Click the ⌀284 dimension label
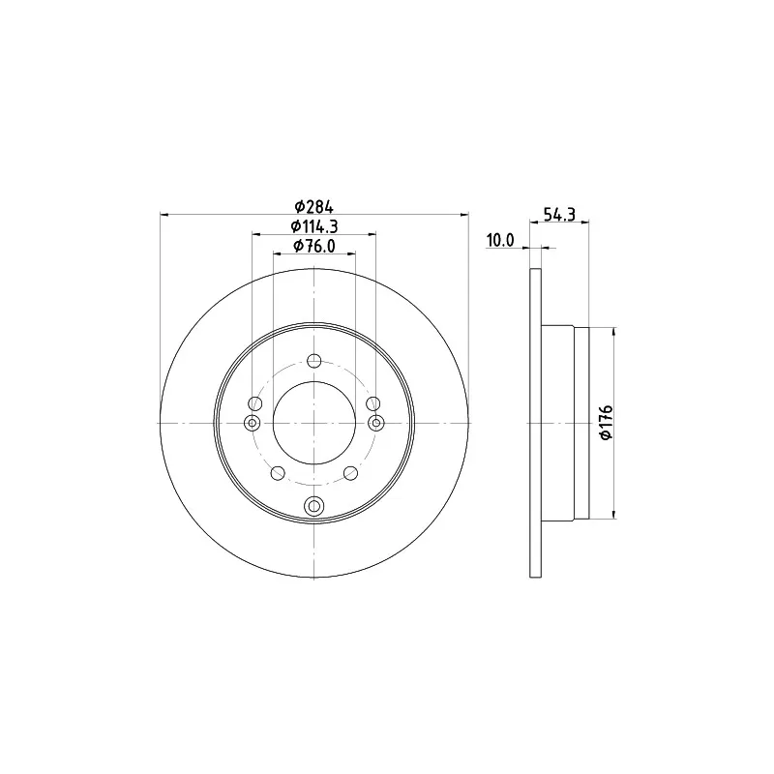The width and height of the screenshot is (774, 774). tap(313, 206)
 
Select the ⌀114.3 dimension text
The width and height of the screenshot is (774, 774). tap(313, 226)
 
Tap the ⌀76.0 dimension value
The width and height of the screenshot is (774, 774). tap(313, 246)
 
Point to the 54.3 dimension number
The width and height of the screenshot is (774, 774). tap(559, 214)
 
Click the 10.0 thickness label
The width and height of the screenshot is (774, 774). tap(500, 240)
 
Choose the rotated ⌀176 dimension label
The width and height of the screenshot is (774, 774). tap(606, 423)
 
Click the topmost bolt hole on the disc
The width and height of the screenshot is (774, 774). tap(313, 361)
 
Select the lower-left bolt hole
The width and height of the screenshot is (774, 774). tap(279, 473)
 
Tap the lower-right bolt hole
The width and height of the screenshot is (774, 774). tap(350, 473)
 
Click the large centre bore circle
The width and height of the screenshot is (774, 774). tap(313, 381)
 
